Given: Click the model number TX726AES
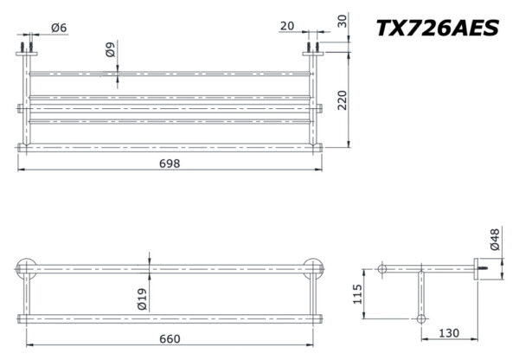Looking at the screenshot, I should click(437, 28).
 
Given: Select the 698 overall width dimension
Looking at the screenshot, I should click(170, 164).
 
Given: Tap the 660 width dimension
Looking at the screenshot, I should click(170, 337).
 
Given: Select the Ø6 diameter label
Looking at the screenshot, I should click(59, 28).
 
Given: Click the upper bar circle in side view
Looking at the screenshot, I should click(381, 270).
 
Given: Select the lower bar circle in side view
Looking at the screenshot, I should click(422, 318).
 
